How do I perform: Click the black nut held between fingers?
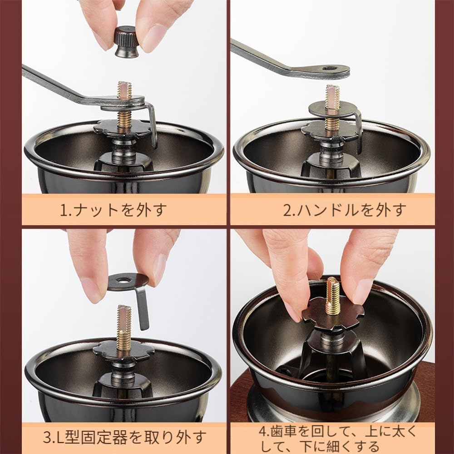126,41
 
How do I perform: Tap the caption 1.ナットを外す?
113,210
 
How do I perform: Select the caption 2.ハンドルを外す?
345,210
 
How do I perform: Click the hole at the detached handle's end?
330,69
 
